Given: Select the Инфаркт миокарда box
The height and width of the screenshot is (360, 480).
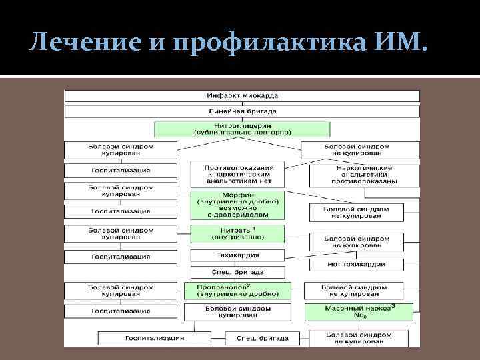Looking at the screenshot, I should tap(242, 95).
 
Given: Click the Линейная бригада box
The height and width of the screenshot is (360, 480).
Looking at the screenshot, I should tap(242, 111).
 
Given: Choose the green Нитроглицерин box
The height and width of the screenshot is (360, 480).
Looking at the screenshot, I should tap(242, 129).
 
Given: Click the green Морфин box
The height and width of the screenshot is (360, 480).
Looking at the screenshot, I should tap(237, 205).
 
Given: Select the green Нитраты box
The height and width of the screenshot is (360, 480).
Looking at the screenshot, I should tap(237, 233).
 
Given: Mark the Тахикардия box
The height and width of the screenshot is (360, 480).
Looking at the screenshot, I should tap(237, 255).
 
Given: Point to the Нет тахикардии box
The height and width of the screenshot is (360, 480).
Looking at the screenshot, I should tap(356, 264).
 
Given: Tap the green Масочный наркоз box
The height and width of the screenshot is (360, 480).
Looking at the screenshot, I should tap(359, 311).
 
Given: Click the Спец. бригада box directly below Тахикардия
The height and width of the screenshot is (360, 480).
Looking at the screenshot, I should tap(237, 272).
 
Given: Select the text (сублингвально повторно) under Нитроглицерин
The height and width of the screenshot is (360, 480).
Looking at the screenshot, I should tap(242, 133).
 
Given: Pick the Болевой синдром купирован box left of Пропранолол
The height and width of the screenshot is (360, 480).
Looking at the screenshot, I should tap(121, 290).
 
